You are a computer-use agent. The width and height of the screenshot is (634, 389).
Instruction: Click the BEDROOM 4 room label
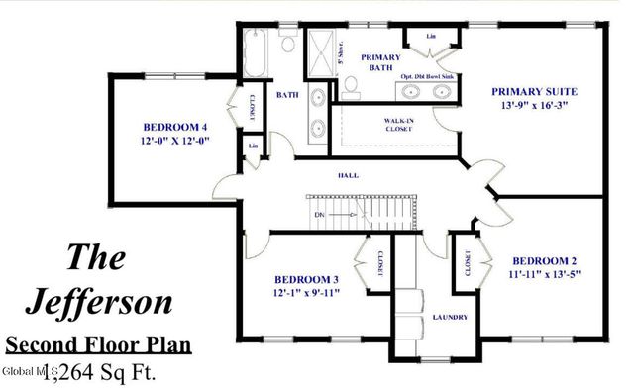click(x=174, y=127)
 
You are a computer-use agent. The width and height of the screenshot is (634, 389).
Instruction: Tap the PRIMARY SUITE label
click(x=534, y=92)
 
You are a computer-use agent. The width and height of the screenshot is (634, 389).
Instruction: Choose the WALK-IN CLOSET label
click(x=398, y=125)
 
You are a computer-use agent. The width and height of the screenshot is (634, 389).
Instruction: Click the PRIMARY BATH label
click(x=379, y=63)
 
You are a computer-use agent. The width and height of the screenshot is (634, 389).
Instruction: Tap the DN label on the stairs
click(x=319, y=214)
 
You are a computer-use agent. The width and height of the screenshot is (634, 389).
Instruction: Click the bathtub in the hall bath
click(x=253, y=55)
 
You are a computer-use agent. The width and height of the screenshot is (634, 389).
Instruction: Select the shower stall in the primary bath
click(x=321, y=53)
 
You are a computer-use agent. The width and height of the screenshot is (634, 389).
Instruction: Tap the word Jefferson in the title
click(x=104, y=299)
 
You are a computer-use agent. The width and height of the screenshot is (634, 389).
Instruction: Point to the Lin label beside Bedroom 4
click(x=254, y=147)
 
